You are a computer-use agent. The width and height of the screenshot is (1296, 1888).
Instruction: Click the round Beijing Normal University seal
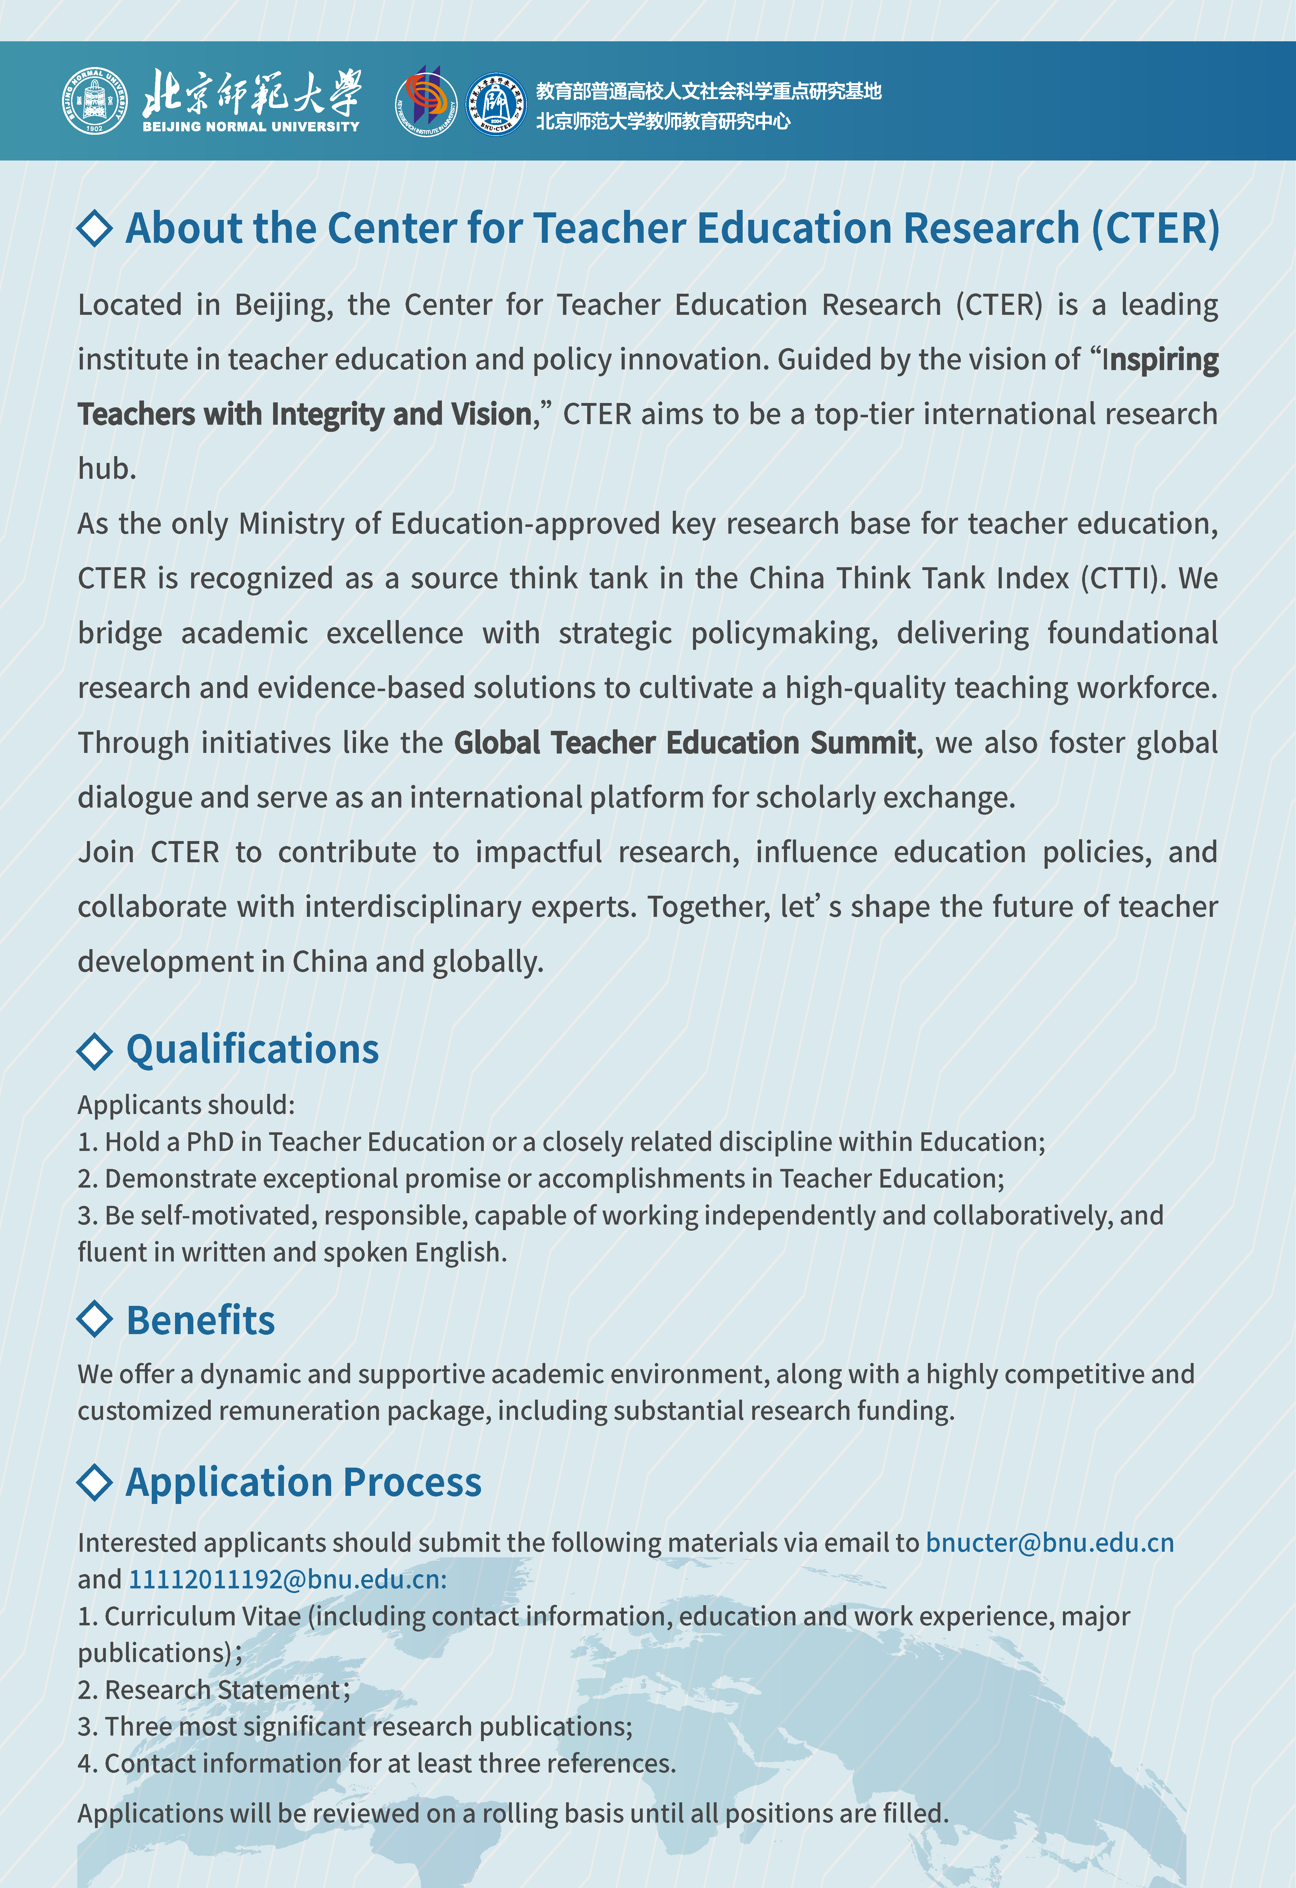coord(95,102)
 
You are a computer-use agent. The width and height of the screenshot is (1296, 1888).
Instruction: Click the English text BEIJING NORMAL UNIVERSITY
coord(251,127)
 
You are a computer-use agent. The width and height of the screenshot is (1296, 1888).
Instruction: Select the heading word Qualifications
coord(253,1049)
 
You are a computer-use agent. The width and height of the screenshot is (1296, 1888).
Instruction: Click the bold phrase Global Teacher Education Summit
coord(685,743)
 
